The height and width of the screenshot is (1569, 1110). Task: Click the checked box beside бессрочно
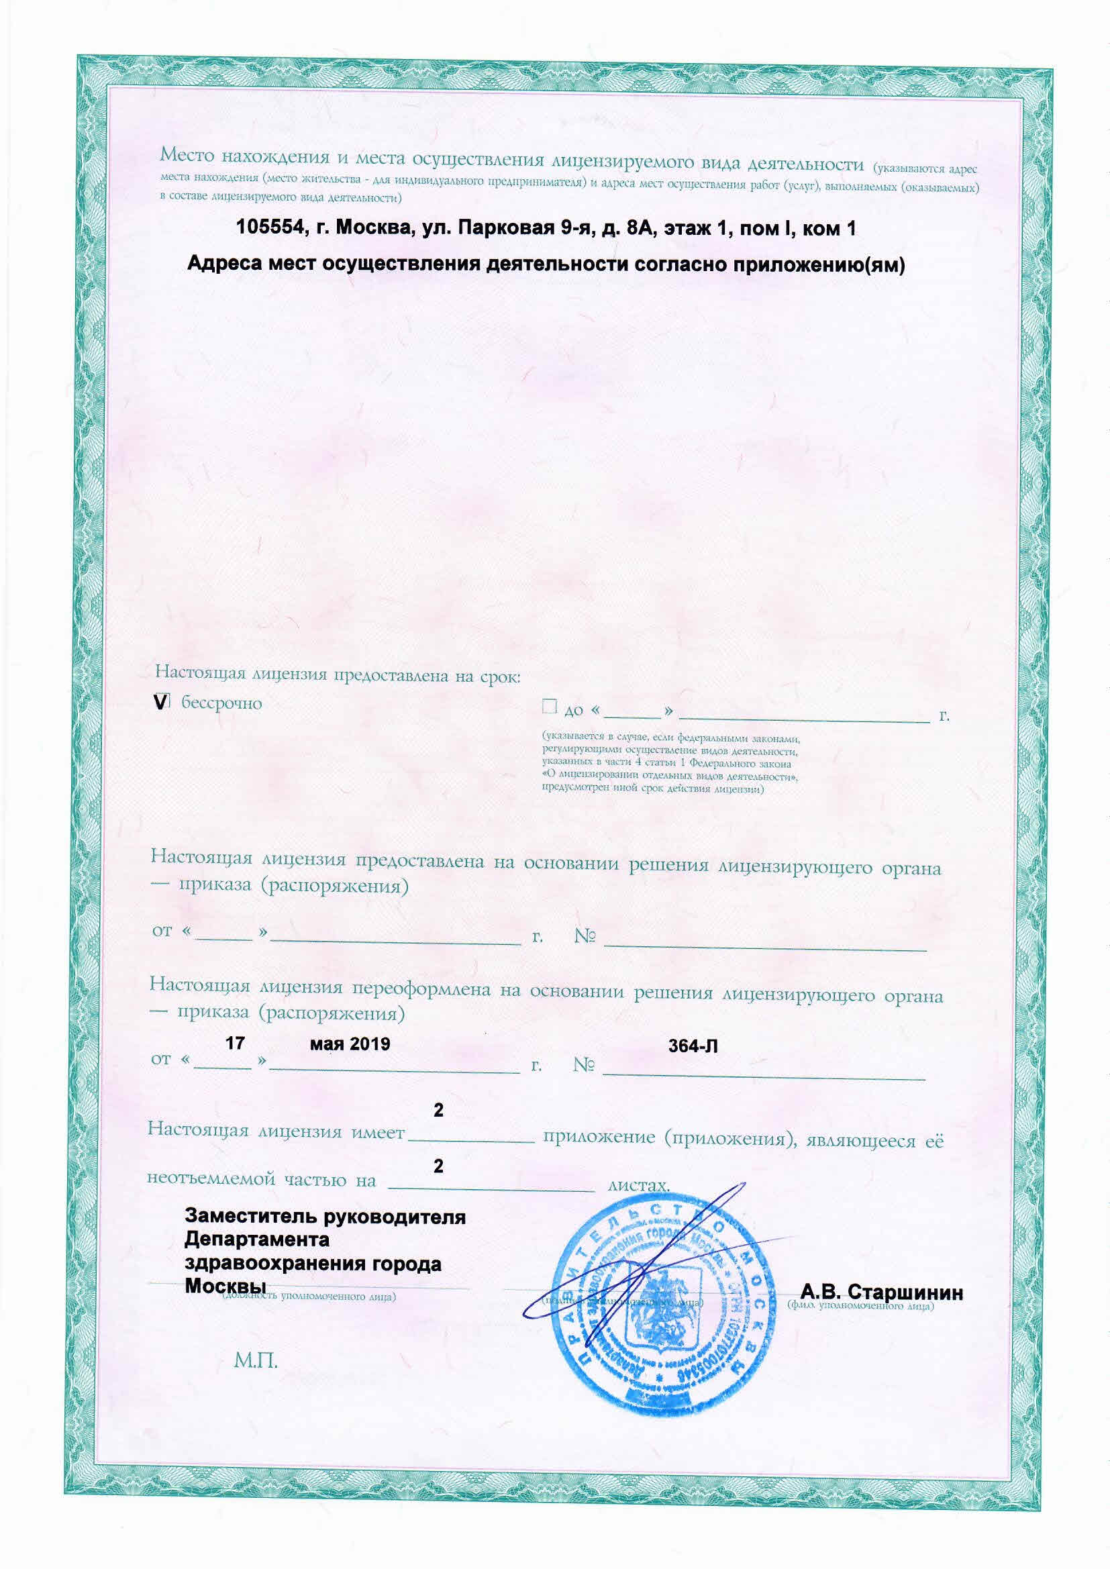click(x=161, y=702)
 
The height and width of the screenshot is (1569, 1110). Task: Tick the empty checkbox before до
click(x=549, y=707)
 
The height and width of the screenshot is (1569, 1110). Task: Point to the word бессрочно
click(x=221, y=703)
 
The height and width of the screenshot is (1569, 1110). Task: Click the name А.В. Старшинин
click(x=882, y=1293)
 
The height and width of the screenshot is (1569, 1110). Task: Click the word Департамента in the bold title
click(x=257, y=1239)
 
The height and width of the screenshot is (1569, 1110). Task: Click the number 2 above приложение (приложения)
click(x=439, y=1110)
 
